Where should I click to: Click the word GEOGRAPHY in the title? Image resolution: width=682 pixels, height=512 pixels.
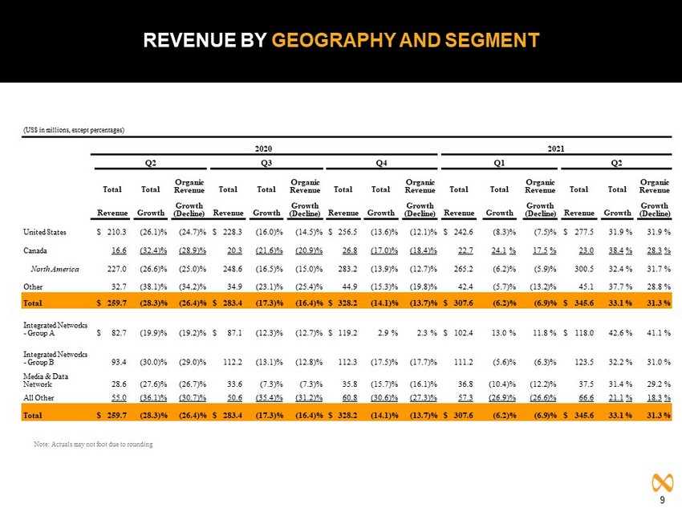[334, 40]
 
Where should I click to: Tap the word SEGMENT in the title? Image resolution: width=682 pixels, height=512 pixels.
[492, 40]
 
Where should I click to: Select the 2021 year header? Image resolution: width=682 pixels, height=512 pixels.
[555, 148]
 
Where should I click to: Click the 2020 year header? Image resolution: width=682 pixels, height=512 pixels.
[263, 148]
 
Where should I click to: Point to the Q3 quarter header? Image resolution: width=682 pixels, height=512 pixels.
[266, 163]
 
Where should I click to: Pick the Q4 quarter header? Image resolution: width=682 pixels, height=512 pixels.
[381, 163]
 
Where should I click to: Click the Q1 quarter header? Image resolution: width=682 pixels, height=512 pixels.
[499, 163]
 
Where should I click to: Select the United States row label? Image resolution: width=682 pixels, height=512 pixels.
[45, 232]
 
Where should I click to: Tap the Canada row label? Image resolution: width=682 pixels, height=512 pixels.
[35, 250]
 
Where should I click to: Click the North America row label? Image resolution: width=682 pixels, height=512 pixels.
[55, 270]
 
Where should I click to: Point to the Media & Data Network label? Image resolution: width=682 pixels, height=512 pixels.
[46, 380]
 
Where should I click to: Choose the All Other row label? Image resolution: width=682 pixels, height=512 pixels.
[39, 398]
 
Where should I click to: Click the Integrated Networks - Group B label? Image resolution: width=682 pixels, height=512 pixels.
[55, 359]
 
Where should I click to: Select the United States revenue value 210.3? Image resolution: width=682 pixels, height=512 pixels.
[116, 232]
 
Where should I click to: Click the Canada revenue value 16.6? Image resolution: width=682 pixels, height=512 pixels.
[119, 250]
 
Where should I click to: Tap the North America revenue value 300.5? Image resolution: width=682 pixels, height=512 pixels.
[583, 270]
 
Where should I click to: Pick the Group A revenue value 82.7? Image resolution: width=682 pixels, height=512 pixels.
[119, 333]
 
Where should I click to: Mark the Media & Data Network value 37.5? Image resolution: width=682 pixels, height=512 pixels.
[586, 384]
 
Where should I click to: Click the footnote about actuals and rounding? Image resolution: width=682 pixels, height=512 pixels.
[93, 444]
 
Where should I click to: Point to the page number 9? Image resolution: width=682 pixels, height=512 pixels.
[663, 500]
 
